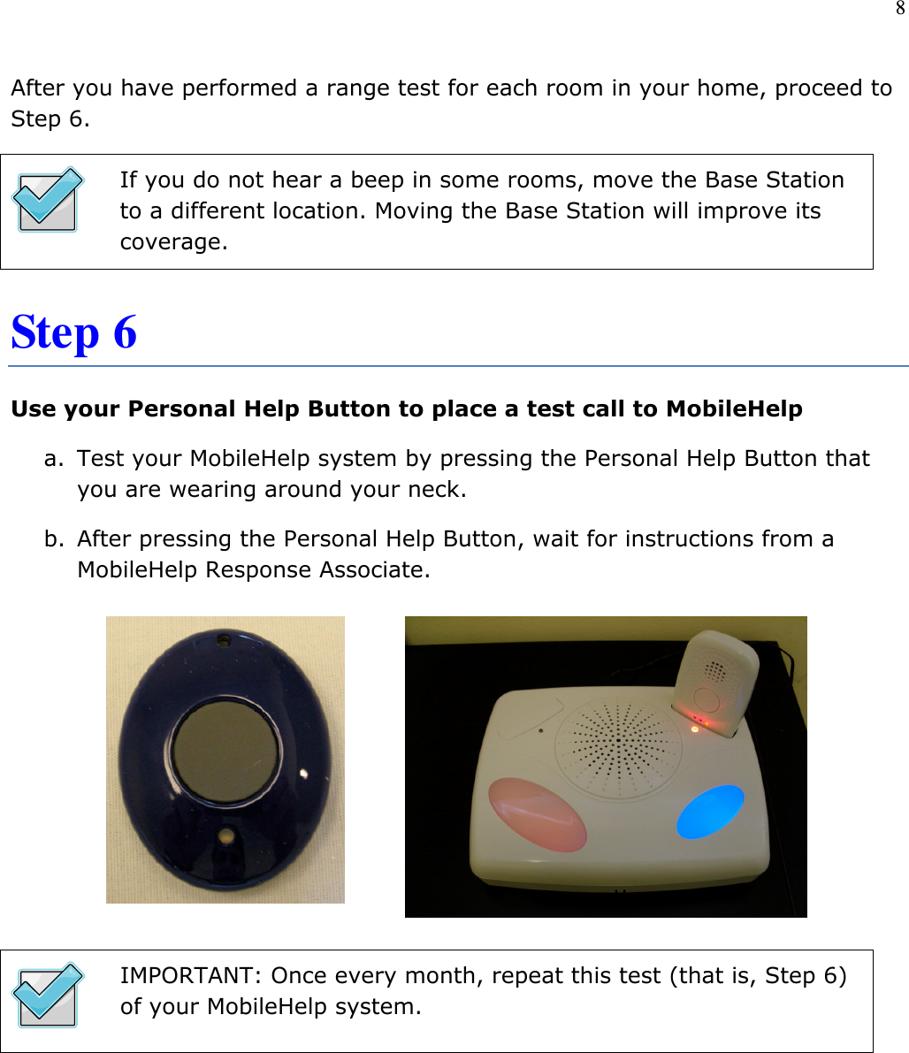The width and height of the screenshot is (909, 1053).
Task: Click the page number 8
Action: [899, 10]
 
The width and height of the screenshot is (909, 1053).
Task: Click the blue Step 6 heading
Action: [74, 332]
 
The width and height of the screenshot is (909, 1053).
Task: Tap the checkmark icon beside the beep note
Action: [48, 200]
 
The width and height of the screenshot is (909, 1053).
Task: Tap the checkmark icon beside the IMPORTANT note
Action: [48, 995]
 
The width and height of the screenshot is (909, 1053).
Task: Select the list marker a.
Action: [54, 459]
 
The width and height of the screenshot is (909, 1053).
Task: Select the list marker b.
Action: [54, 539]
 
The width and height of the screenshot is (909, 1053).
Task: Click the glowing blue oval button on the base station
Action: [710, 811]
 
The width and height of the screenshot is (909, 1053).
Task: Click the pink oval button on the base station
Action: [537, 813]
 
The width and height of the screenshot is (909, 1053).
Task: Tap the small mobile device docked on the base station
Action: [716, 681]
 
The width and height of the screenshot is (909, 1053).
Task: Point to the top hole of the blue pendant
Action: [225, 638]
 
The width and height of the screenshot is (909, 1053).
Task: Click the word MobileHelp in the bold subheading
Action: [734, 409]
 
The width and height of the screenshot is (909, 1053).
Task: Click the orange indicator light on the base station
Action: [694, 729]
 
